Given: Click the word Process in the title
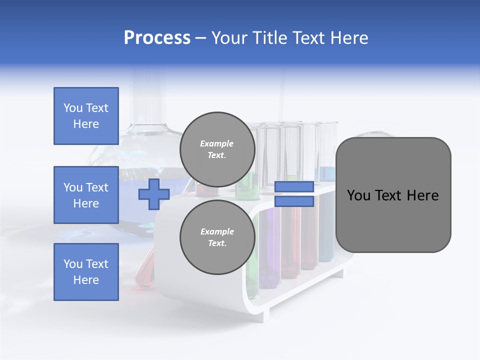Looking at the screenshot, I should click(157, 38).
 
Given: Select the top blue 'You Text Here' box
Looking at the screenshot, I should click(86, 116).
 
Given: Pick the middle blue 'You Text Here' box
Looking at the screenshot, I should click(86, 195).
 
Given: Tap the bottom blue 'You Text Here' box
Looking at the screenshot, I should click(86, 272).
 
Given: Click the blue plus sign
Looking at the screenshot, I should click(154, 194).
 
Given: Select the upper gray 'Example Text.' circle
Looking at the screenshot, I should click(217, 149).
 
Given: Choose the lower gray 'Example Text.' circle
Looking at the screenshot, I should click(217, 237).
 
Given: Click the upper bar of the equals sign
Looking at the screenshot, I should click(294, 186).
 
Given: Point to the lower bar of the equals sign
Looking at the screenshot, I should click(294, 201).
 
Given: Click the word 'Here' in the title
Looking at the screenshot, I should click(350, 38).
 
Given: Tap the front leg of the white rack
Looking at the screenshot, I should click(265, 312).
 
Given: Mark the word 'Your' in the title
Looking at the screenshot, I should click(230, 38).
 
